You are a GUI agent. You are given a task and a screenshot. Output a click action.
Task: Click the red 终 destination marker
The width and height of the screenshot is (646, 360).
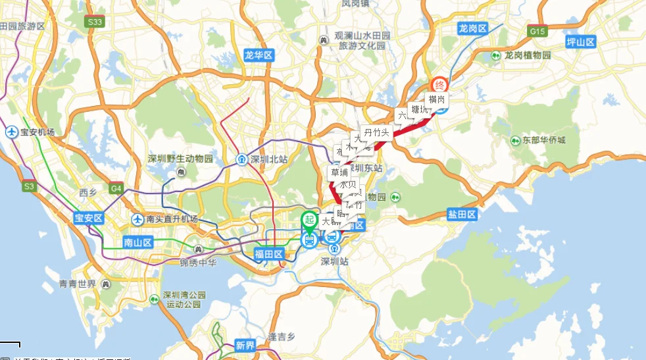pyautogui.click(x=439, y=86)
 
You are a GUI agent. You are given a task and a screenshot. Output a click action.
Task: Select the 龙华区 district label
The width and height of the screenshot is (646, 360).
pyautogui.click(x=258, y=55)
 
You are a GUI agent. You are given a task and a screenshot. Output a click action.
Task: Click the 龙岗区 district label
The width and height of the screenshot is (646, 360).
pyautogui.click(x=472, y=28)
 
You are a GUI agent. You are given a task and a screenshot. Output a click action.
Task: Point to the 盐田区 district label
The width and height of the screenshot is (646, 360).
pyautogui.click(x=461, y=214)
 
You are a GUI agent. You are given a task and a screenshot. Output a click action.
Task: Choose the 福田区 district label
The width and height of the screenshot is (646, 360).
pyautogui.click(x=268, y=253)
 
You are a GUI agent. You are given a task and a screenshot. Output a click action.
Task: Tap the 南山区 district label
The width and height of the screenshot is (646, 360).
pyautogui.click(x=137, y=242)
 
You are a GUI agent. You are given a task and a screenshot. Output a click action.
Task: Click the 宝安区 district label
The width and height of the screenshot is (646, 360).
pyautogui.click(x=88, y=218)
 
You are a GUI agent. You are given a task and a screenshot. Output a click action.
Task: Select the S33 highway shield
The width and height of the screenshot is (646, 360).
pyautogui.click(x=95, y=22)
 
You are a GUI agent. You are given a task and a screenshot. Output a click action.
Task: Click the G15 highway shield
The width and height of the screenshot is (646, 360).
pyautogui.click(x=537, y=31)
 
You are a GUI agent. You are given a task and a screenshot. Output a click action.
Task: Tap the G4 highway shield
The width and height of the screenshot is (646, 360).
pyautogui.click(x=116, y=189)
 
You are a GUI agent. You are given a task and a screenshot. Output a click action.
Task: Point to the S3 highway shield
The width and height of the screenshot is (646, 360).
pyautogui.click(x=29, y=187)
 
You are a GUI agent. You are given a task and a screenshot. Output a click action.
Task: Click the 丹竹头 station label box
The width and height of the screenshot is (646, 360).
pyautogui.click(x=377, y=133)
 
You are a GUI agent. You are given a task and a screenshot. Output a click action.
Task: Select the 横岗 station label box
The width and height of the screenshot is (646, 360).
pyautogui.click(x=437, y=99)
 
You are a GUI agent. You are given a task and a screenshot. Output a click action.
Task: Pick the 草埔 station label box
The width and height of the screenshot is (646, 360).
pyautogui.click(x=339, y=172)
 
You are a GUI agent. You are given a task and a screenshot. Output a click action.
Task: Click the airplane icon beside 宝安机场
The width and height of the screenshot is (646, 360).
pyautogui.click(x=12, y=132)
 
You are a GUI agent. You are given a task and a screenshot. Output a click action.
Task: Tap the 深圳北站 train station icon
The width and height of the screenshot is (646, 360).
pyautogui.click(x=242, y=159)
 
